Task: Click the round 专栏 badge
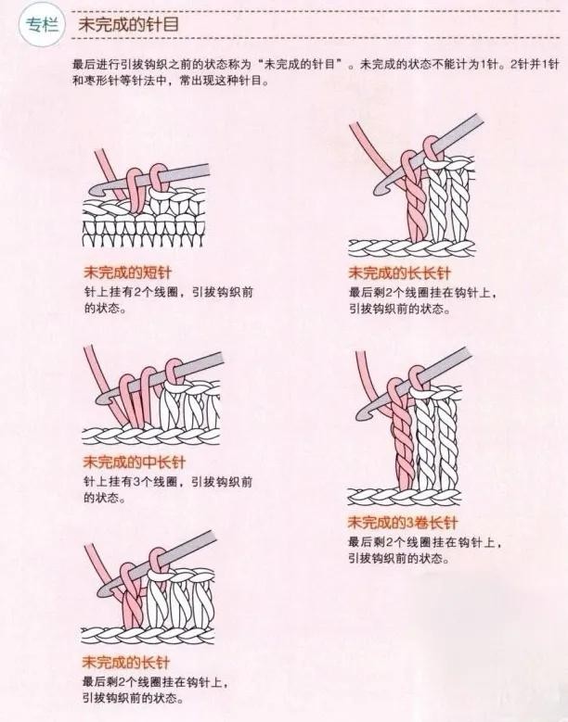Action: [x=43, y=25]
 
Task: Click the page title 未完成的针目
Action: [x=128, y=24]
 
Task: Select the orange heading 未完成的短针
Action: [x=127, y=272]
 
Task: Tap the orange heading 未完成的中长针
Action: [x=135, y=462]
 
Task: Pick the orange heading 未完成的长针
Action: [x=126, y=662]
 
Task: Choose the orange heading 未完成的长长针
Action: [x=399, y=272]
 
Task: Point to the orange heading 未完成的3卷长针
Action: [x=403, y=522]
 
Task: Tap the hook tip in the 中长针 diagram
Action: [x=99, y=399]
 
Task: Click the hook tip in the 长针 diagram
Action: [x=101, y=592]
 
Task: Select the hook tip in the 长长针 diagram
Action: [x=380, y=190]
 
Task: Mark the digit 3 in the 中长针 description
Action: [x=136, y=482]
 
